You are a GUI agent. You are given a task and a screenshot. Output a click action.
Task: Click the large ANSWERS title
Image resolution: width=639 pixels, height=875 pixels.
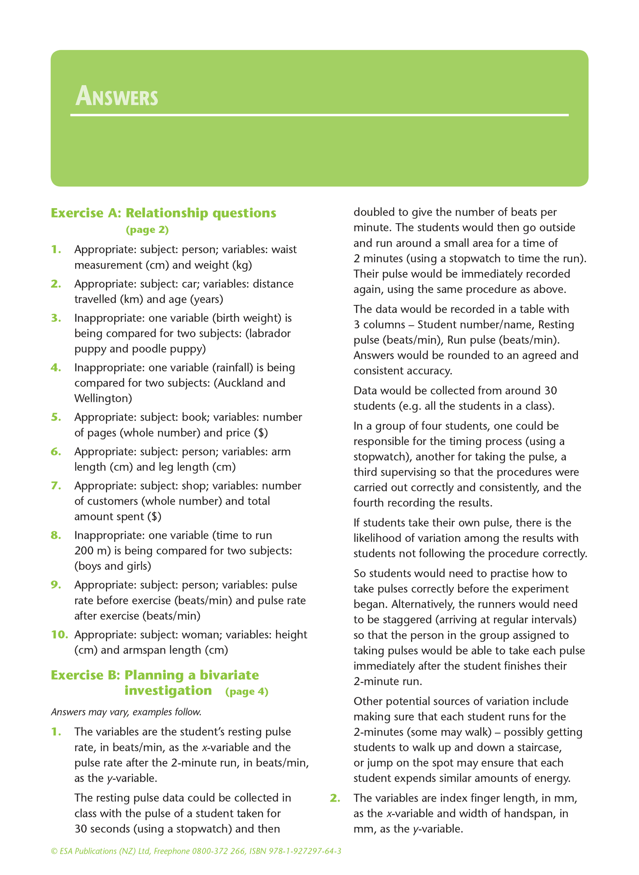[116, 97]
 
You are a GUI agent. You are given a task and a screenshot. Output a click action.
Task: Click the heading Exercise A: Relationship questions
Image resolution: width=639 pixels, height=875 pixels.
[163, 213]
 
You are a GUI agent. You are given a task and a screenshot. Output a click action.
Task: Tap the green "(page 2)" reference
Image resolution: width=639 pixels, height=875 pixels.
[147, 230]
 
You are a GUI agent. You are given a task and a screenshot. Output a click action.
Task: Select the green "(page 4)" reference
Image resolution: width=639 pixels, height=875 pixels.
[246, 692]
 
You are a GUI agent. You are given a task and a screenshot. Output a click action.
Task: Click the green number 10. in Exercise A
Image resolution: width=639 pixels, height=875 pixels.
[59, 635]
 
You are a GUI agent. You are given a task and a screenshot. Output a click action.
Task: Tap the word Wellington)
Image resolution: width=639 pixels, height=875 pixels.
[103, 398]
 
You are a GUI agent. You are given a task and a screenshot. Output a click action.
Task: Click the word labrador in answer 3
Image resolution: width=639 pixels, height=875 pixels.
[271, 333]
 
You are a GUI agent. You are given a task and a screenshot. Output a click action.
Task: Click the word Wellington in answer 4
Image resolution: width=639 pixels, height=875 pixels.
[103, 398]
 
